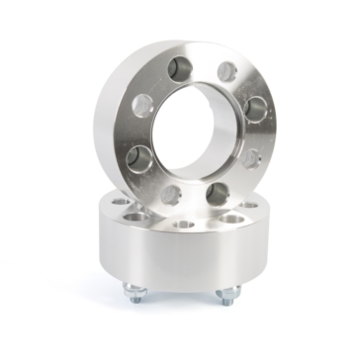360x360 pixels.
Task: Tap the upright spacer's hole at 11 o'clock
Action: click(x=182, y=67)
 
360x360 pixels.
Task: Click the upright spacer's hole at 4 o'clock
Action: click(x=251, y=157)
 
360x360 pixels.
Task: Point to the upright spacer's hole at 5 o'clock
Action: click(x=218, y=192)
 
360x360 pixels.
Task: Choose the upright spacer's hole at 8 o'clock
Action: click(x=140, y=158)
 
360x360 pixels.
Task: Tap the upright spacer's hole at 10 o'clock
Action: click(x=142, y=103)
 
